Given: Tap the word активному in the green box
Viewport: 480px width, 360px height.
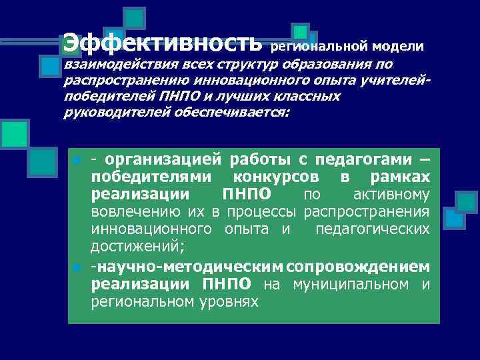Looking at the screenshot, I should (390, 195).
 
